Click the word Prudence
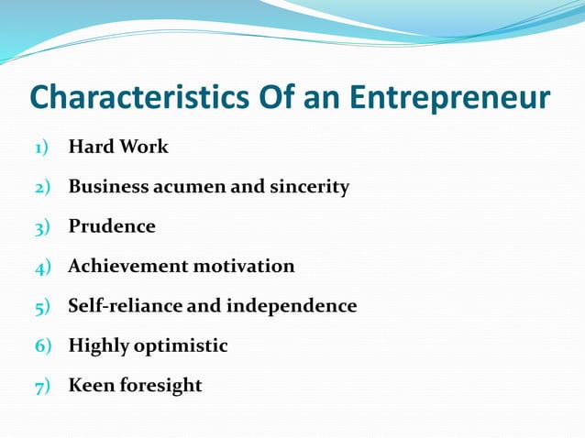click(x=112, y=226)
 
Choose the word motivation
click(x=243, y=266)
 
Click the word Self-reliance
click(x=126, y=305)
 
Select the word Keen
click(x=90, y=385)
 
